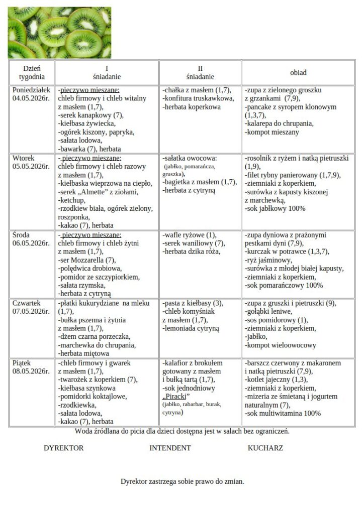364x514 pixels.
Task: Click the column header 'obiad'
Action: [x=298, y=73]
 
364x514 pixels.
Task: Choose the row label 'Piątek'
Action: [x=23, y=363]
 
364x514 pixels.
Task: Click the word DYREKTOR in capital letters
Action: [x=64, y=448]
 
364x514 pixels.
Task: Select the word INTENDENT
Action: [x=170, y=448]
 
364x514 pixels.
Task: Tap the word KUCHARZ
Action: [x=265, y=448]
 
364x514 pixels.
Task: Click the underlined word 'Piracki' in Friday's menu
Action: [x=172, y=397]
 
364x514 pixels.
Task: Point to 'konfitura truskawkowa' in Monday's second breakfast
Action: [x=199, y=99]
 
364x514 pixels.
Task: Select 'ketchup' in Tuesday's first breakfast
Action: [x=71, y=200]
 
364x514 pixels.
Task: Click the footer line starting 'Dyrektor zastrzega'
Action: [x=182, y=481]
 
